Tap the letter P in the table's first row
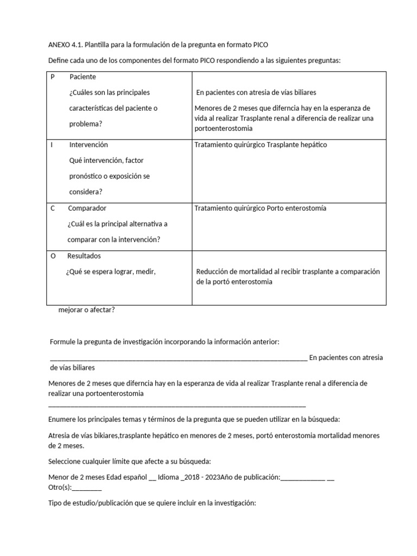53,77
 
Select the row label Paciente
83,77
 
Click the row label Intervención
89,145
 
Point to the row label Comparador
87,208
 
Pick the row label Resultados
84,256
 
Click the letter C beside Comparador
53,208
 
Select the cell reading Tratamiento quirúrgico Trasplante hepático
260,145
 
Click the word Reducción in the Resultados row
213,271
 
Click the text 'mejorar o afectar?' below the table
86,310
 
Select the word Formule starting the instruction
63,342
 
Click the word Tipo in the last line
55,503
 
